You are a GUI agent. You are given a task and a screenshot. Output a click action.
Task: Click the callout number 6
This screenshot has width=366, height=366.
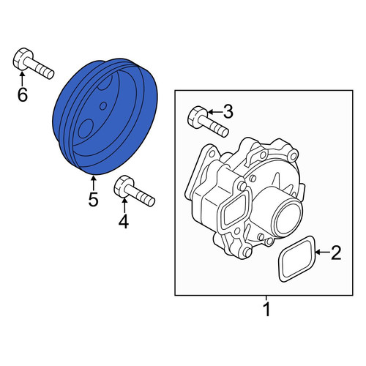click(x=23, y=94)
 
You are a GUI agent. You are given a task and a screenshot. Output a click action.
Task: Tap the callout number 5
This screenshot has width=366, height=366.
click(x=93, y=199)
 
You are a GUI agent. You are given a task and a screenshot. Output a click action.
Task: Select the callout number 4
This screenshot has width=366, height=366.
click(x=124, y=222)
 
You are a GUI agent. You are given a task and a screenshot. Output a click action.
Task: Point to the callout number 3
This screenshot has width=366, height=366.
click(x=228, y=112)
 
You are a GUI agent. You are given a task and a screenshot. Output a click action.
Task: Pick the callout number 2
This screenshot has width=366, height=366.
click(x=336, y=253)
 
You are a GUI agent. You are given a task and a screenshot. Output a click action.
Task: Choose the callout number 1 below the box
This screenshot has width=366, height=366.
click(x=267, y=309)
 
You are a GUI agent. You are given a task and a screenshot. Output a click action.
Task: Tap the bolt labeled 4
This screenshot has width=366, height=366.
click(x=134, y=190)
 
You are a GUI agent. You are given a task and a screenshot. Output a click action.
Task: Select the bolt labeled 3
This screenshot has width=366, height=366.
click(x=208, y=122)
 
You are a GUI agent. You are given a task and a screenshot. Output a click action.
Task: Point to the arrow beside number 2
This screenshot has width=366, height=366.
click(x=322, y=252)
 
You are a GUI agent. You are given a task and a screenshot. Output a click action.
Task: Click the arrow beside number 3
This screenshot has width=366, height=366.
click(x=214, y=112)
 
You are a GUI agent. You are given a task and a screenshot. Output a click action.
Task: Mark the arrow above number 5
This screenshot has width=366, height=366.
click(x=93, y=183)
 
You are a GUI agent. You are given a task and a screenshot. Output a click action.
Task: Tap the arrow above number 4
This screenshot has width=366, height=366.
click(x=124, y=206)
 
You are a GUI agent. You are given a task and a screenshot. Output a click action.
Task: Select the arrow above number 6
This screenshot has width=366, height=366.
click(x=22, y=78)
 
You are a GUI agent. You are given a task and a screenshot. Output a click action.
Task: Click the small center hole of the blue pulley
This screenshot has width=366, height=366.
click(x=103, y=106)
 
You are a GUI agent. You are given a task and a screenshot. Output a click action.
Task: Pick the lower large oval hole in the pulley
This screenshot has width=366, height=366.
click(x=86, y=129)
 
